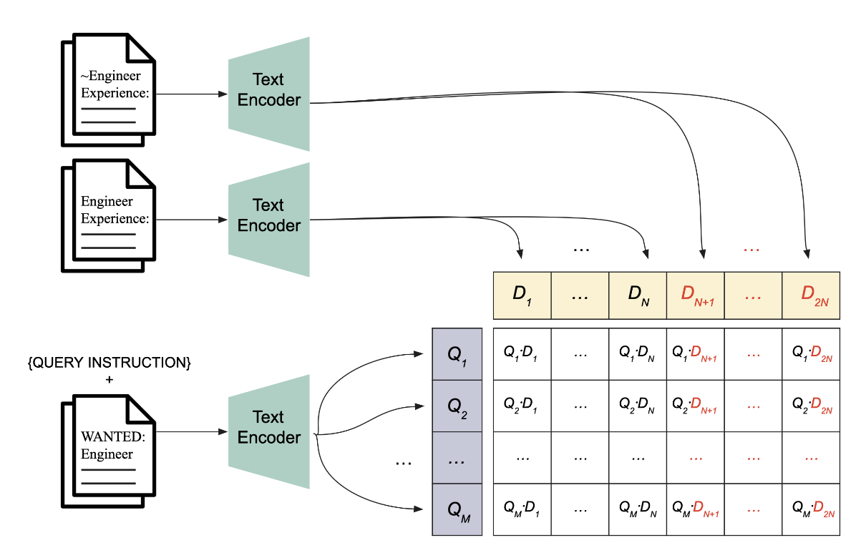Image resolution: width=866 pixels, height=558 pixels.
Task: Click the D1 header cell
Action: tap(522, 295)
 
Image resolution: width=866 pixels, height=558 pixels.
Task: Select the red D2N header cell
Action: tap(810, 295)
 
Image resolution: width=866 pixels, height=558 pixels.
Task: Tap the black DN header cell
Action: tap(637, 295)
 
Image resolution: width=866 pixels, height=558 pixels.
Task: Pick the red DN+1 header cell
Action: tap(695, 295)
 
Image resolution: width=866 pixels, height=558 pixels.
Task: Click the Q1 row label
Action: tap(457, 354)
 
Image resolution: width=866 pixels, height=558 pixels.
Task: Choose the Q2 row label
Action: tap(457, 406)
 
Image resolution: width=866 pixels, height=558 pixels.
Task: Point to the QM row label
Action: tap(457, 509)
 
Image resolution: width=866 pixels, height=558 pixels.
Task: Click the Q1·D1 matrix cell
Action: tap(522, 354)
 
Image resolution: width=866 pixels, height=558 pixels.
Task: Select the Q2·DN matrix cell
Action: tap(637, 406)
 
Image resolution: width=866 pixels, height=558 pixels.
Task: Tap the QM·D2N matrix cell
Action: tap(810, 509)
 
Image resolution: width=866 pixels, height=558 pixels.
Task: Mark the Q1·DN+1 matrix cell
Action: tap(695, 354)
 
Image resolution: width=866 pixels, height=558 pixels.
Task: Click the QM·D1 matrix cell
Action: tap(522, 509)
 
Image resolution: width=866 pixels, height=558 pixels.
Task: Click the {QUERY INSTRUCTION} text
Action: tap(109, 363)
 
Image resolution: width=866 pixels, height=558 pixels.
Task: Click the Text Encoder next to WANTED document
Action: tap(269, 428)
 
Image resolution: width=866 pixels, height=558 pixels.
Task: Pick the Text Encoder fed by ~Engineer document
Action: tap(269, 90)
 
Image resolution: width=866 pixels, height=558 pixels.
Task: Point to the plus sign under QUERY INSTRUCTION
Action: tap(109, 380)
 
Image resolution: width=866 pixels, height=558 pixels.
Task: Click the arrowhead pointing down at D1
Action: tap(520, 254)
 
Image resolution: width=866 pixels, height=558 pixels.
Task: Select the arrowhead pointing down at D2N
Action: tap(808, 254)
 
